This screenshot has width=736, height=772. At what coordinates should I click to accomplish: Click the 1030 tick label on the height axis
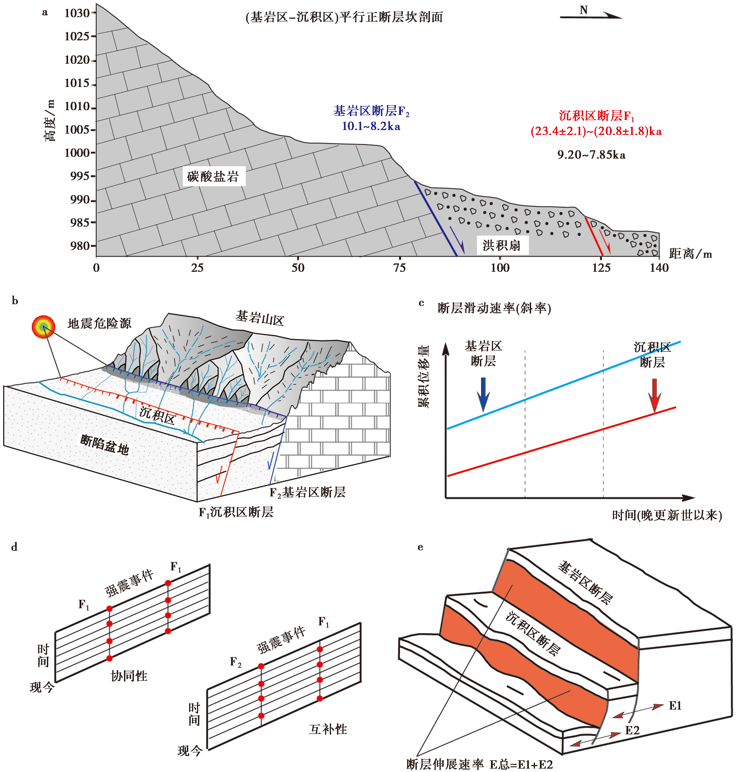pos(77,13)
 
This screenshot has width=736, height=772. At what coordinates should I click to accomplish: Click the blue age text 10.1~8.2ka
pos(371,126)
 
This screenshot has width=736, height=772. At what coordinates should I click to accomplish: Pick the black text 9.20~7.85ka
pos(591,155)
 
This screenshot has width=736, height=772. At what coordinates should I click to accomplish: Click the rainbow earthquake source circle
pos(43,326)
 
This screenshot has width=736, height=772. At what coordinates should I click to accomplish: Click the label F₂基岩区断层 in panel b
pos(307,492)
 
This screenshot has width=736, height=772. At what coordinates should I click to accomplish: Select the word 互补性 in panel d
pos(328,729)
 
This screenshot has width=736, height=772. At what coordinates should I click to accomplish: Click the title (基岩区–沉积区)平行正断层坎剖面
pos(344,17)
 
